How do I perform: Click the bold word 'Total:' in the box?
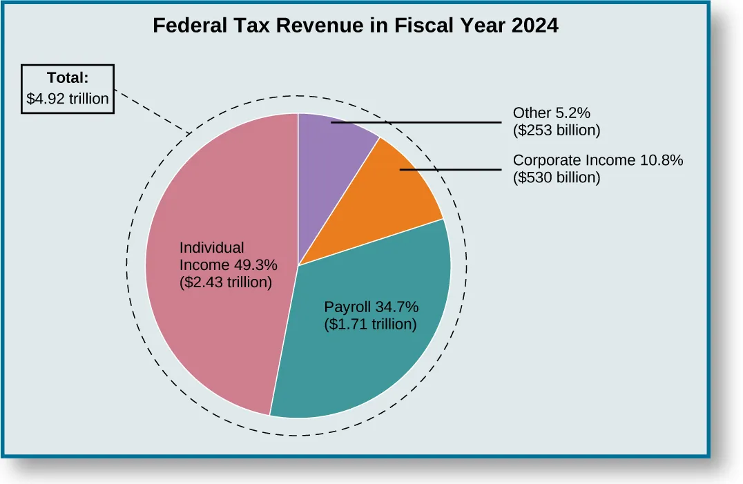[68, 78]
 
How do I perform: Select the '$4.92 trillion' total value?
[68, 99]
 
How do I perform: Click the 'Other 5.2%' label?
[550, 113]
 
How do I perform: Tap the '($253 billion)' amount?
[557, 130]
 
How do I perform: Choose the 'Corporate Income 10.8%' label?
[598, 160]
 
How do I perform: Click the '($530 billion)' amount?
[557, 177]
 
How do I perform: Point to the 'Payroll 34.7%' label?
[371, 307]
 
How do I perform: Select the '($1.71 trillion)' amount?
[371, 324]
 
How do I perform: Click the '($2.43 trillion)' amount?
[226, 282]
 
